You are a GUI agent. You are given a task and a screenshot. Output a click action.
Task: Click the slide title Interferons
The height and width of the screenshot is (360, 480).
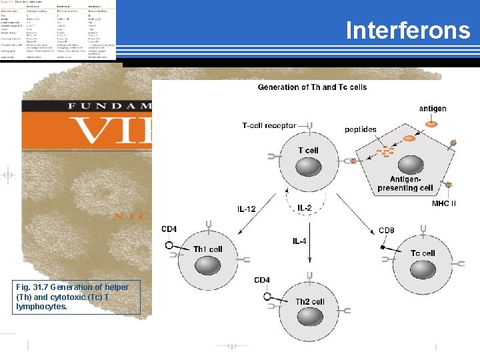[x=408, y=31]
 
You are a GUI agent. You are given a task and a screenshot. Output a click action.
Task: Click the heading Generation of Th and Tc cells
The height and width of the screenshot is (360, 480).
[x=312, y=87]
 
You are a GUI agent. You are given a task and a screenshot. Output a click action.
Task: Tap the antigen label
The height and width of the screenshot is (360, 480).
[x=433, y=109]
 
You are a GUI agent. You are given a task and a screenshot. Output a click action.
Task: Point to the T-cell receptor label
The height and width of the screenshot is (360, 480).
[x=269, y=125]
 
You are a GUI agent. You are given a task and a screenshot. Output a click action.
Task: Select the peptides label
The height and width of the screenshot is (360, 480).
[x=361, y=129]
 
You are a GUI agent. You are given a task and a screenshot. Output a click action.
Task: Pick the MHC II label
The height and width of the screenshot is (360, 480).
[x=444, y=203]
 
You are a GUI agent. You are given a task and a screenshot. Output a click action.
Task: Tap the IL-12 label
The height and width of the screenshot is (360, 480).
[x=246, y=209]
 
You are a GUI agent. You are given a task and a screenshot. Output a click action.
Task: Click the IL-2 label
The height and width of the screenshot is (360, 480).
[x=304, y=209]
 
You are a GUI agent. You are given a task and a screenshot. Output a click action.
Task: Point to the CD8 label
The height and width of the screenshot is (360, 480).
[x=387, y=231]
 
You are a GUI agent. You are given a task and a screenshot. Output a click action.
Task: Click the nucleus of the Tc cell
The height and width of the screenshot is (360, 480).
[x=423, y=269]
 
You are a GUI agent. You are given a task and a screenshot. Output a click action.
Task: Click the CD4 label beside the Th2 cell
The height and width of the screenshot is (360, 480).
[x=262, y=280]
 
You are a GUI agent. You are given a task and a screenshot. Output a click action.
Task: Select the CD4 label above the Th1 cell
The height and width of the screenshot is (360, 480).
[x=169, y=230]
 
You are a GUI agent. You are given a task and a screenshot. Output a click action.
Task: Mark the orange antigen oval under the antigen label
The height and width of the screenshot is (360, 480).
[x=432, y=123]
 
